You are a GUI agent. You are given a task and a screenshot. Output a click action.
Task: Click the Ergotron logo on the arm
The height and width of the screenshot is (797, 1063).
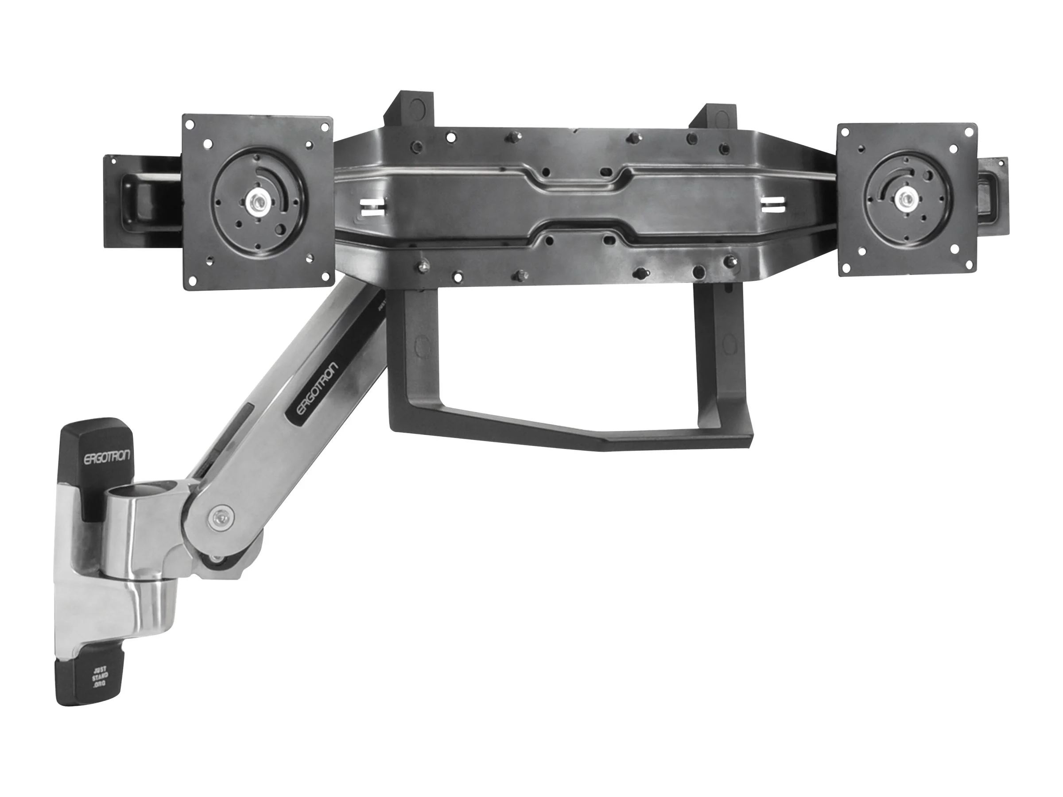(312, 391)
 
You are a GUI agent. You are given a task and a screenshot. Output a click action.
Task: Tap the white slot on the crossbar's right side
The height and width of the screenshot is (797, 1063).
(773, 203)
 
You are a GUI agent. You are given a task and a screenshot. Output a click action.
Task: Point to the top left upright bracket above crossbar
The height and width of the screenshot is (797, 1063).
(409, 109)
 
